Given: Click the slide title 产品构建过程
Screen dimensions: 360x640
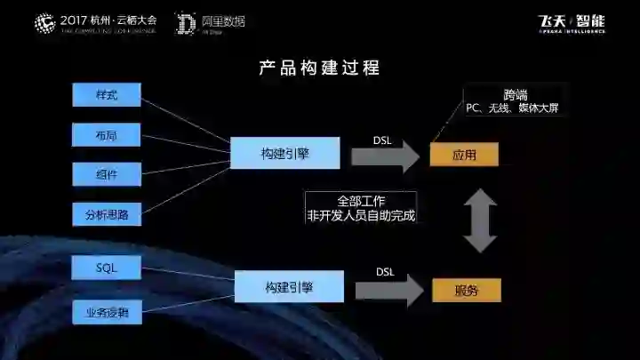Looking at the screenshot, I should click(x=319, y=68).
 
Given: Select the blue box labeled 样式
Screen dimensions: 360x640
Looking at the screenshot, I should click(x=106, y=95).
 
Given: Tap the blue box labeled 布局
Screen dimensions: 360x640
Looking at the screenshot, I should click(x=106, y=134).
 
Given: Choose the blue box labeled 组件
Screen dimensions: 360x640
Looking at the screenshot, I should click(x=106, y=173).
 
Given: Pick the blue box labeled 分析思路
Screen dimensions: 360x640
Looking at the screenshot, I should click(x=106, y=213).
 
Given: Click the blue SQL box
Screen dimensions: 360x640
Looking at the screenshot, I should click(x=106, y=267).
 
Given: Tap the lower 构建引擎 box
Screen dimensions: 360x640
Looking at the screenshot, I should click(x=288, y=287).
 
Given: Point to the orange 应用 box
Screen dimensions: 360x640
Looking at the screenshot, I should click(x=463, y=155).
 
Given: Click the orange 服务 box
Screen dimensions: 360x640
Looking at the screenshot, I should click(x=466, y=290).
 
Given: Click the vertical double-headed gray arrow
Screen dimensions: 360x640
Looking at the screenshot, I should click(x=481, y=220).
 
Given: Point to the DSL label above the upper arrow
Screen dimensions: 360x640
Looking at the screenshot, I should click(x=382, y=139).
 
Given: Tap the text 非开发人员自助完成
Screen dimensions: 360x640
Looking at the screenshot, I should click(x=361, y=215).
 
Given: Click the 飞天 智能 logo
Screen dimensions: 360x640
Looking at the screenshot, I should click(x=572, y=22).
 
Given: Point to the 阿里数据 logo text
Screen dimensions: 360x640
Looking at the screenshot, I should click(x=222, y=20).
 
